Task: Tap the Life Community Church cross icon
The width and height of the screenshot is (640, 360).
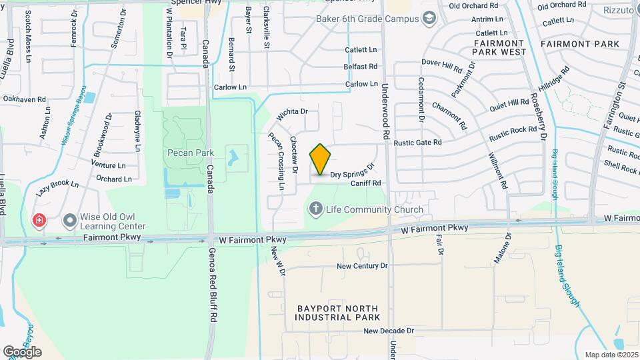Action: pyautogui.click(x=316, y=209)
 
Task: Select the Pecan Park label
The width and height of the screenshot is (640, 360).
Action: pyautogui.click(x=190, y=153)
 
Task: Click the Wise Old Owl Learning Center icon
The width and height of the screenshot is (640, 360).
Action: pyautogui.click(x=69, y=220)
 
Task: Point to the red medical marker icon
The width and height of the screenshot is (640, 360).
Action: pyautogui.click(x=39, y=220)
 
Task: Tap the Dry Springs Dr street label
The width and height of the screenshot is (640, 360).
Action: pyautogui.click(x=353, y=171)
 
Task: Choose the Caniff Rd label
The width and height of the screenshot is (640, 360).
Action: pyautogui.click(x=366, y=183)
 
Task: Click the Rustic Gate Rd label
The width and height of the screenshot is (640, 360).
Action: pyautogui.click(x=418, y=142)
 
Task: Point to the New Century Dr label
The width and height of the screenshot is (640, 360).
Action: pyautogui.click(x=361, y=266)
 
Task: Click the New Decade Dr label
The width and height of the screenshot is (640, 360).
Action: pyautogui.click(x=389, y=331)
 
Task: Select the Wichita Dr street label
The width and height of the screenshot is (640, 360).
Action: pyautogui.click(x=291, y=113)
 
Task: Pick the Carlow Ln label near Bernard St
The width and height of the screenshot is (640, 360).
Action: pyautogui.click(x=230, y=87)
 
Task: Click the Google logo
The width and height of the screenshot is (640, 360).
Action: pyautogui.click(x=22, y=352)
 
